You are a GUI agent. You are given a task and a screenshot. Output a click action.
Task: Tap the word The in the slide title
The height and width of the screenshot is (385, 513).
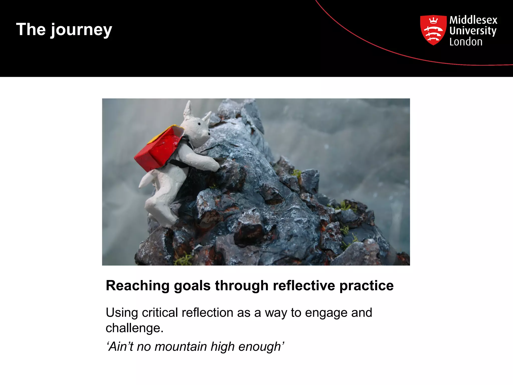tap(31, 29)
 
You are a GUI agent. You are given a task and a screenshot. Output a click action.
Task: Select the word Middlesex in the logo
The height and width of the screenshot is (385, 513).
tap(473, 20)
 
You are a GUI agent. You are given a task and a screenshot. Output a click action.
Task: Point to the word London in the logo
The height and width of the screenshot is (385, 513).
tap(466, 42)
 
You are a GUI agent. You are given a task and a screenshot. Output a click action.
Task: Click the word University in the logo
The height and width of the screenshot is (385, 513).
tap(473, 31)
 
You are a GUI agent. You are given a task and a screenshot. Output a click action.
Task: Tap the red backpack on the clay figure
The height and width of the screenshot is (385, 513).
tap(158, 150)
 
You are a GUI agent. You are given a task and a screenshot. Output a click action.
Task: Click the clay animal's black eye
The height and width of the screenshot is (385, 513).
tap(199, 124)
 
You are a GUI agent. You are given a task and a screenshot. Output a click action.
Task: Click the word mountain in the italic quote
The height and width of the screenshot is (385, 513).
tap(180, 347)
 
